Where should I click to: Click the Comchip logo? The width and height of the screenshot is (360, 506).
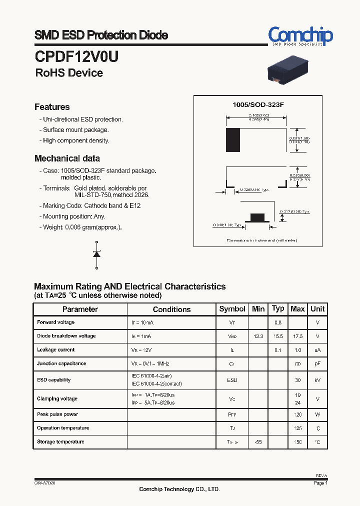tap(300, 36)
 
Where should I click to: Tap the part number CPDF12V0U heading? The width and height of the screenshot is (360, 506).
tap(76, 56)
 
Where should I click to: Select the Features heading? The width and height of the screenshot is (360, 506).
tap(52, 107)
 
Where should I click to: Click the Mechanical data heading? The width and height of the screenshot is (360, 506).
tap(67, 158)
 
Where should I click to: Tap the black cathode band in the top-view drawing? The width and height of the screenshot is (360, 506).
tap(233, 140)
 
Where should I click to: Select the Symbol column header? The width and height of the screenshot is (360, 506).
tap(232, 309)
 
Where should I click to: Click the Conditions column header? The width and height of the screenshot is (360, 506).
tap(171, 309)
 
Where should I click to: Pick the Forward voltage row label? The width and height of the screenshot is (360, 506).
tap(55, 322)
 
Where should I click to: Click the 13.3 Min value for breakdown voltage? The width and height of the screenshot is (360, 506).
tap(258, 336)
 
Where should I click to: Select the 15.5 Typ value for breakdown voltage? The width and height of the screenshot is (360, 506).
tap(278, 336)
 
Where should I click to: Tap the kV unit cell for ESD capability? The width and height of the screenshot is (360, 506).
tap(317, 380)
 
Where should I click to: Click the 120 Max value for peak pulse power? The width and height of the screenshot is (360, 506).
tap(298, 414)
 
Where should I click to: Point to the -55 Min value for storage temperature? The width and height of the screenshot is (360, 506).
tap(258, 442)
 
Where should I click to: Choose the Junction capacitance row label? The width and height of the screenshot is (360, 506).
tap(61, 363)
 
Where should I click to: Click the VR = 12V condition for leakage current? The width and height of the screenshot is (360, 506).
tap(142, 350)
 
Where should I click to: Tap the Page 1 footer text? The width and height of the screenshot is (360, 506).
tap(320, 483)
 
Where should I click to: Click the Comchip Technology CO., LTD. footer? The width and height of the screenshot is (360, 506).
tap(179, 489)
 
